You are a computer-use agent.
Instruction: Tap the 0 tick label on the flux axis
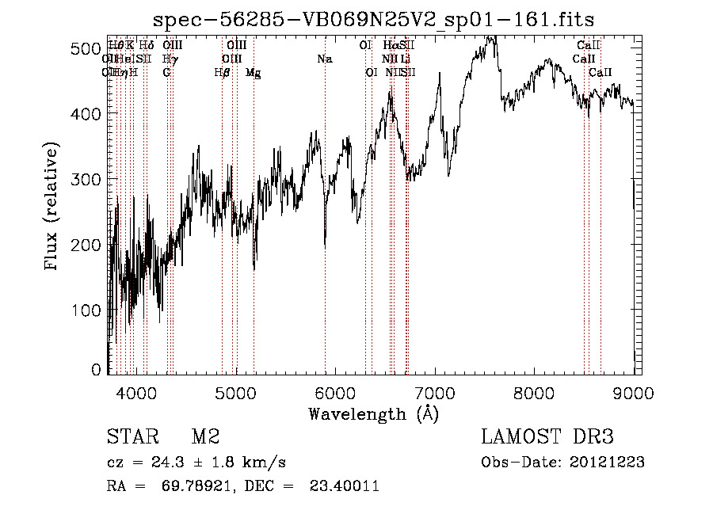coord(96,370)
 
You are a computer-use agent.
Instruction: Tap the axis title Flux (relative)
coord(53,208)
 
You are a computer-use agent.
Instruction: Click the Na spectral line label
coord(324,59)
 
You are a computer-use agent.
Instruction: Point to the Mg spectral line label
coord(253,72)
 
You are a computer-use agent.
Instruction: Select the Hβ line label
coord(222,72)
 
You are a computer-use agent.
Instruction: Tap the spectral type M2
coord(205,437)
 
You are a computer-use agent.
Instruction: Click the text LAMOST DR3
coord(547,437)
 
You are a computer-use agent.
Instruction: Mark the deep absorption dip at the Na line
coord(325,242)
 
